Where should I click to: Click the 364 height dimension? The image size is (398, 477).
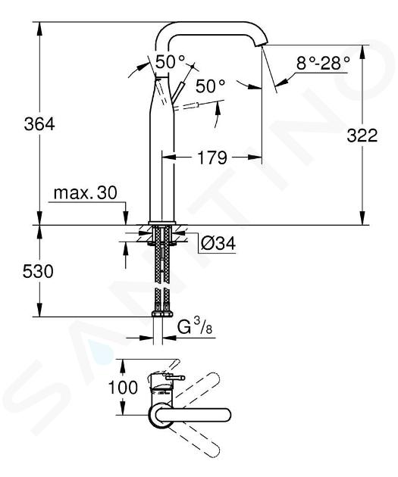[x=39, y=124]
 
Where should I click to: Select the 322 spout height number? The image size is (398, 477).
[x=362, y=136]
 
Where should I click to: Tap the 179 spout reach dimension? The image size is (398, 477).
[x=212, y=157]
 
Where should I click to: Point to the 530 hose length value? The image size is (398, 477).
[x=38, y=271]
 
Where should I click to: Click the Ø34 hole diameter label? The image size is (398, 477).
[x=218, y=243]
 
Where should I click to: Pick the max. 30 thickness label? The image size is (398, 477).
[x=85, y=193]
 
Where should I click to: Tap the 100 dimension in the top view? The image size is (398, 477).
[x=124, y=388]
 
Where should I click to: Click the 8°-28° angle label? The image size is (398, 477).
[x=323, y=64]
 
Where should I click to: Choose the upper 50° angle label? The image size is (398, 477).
[x=170, y=62]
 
